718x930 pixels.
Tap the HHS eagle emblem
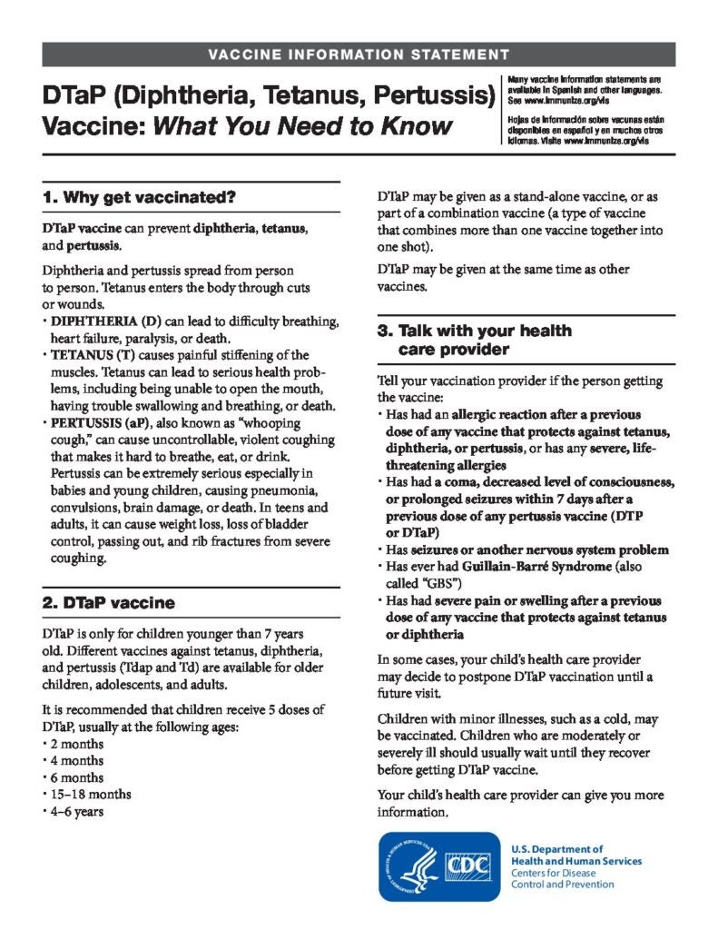pos(413,867)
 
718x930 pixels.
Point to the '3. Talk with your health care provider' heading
pos(474,340)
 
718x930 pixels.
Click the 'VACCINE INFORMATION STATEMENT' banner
pos(359,54)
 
